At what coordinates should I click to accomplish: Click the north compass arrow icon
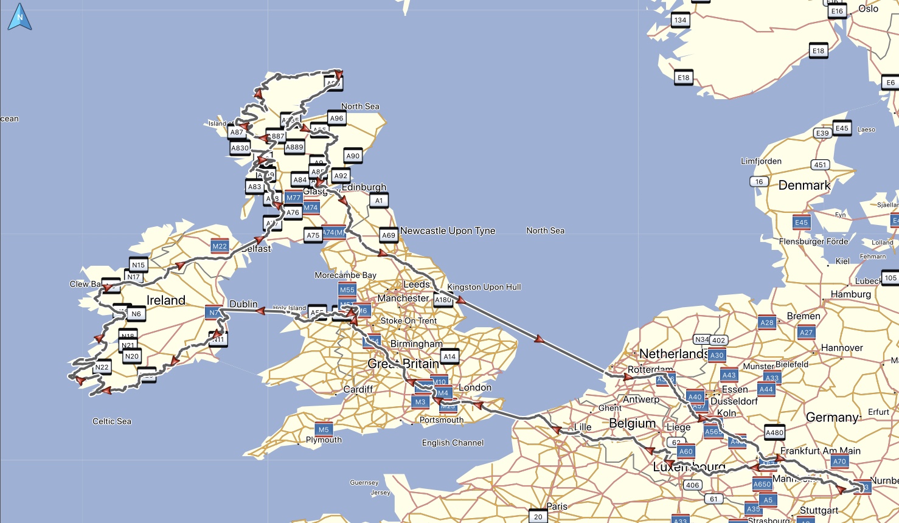pos(19,17)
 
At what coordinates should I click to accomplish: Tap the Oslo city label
pos(868,9)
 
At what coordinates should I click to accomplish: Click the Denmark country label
pos(804,185)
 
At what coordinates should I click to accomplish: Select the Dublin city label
pos(243,304)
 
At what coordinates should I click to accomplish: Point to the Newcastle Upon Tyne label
pos(448,231)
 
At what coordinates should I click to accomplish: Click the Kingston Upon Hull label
pos(484,287)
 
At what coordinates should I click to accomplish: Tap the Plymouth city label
pos(324,440)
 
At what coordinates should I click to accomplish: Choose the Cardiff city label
pos(358,389)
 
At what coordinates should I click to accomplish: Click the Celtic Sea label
pos(111,421)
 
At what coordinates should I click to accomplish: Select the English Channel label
pos(453,443)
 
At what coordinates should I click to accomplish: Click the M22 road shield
pos(220,246)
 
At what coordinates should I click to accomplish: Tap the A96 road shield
pos(336,119)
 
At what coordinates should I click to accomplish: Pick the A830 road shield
pos(240,148)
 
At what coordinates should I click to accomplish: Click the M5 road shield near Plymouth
pos(324,429)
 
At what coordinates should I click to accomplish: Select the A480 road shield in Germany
pos(774,432)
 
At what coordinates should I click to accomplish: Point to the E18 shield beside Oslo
pos(818,51)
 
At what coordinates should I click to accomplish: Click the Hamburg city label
pos(850,294)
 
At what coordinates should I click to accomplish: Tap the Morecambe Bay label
pos(345,275)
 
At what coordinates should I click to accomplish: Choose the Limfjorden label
pos(761,161)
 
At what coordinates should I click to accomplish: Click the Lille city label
pos(583,427)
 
